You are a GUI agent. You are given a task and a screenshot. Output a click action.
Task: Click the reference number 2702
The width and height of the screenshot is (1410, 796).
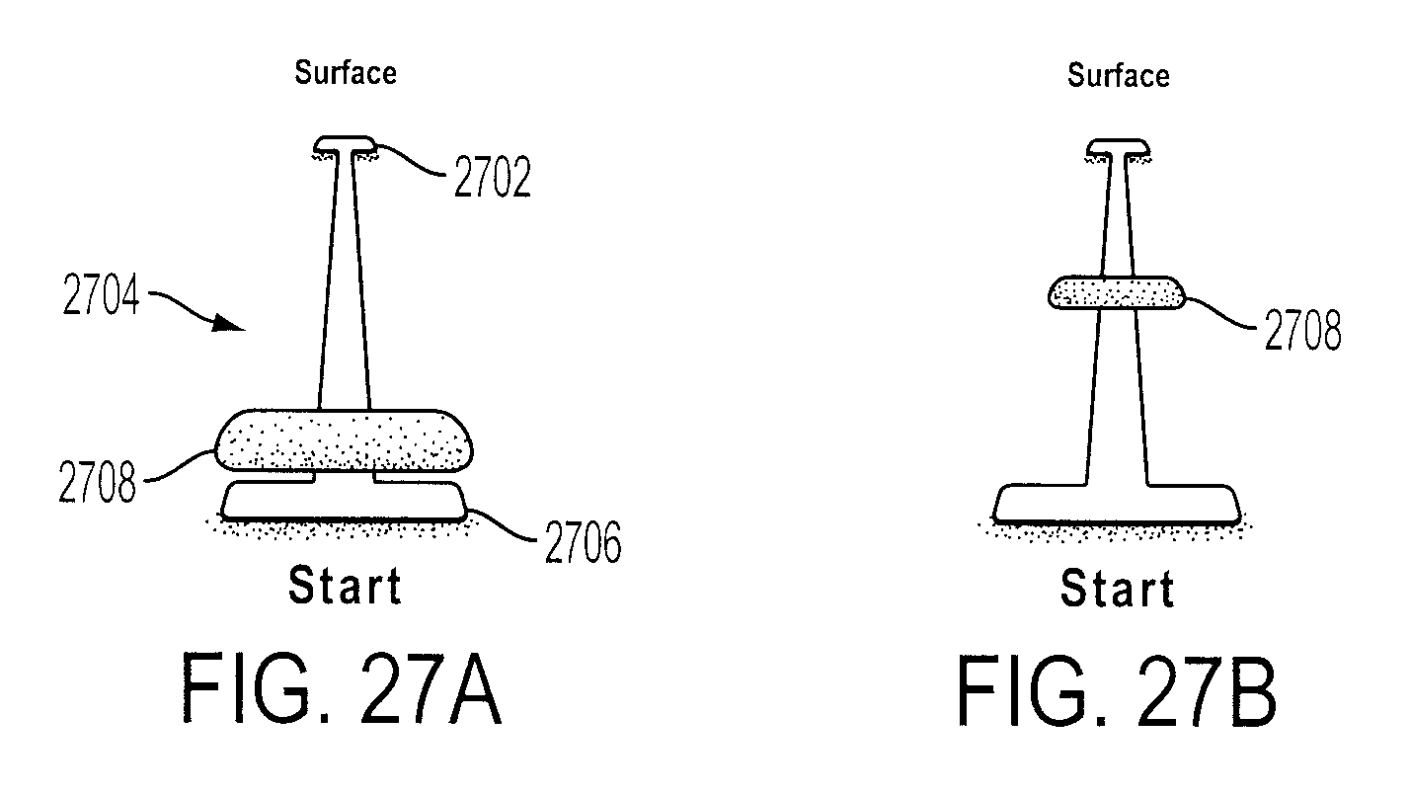(x=493, y=178)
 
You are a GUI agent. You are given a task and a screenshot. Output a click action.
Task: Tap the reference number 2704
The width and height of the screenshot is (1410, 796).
(x=101, y=294)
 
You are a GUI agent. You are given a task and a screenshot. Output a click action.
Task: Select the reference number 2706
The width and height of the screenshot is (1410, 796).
(x=583, y=541)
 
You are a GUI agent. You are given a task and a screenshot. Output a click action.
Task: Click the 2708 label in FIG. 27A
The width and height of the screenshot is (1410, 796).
(x=97, y=482)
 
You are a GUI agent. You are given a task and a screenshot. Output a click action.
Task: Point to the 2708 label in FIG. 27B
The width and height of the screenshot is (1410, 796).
(x=1303, y=330)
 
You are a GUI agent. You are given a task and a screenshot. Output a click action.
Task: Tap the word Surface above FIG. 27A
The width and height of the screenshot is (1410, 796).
(x=346, y=72)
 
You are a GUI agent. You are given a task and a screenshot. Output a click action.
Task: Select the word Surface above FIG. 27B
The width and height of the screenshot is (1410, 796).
(x=1119, y=76)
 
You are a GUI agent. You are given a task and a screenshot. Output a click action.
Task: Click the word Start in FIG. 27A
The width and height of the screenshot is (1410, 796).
(x=345, y=586)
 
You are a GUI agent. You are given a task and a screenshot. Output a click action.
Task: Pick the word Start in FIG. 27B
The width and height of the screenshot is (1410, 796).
(x=1118, y=589)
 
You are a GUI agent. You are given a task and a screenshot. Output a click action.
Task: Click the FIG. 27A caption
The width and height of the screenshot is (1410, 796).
(x=342, y=689)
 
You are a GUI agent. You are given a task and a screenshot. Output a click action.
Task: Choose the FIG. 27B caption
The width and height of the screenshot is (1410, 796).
(x=1117, y=691)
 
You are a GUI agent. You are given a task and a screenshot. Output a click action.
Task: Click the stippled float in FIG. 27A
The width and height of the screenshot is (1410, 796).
(x=344, y=440)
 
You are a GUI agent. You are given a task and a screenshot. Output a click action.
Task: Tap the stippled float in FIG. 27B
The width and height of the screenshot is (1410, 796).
(x=1117, y=293)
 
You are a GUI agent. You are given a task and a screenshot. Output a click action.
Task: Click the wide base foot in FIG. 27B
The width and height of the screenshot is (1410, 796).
(x=1117, y=504)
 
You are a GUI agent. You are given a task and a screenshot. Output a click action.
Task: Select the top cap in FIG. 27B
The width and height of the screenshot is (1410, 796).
(x=1118, y=148)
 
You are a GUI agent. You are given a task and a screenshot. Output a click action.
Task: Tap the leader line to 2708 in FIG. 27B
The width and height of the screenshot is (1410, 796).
(x=1221, y=313)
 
